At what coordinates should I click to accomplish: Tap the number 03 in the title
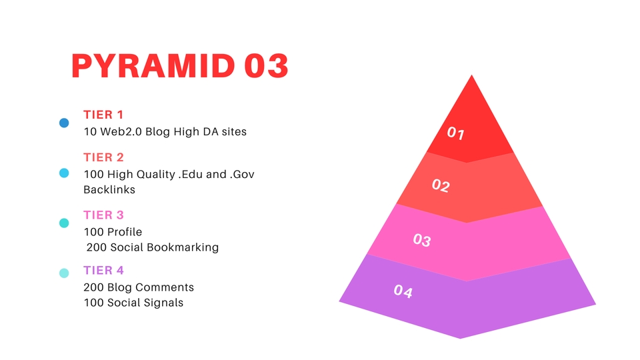266,67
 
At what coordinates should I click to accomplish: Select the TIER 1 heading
103,115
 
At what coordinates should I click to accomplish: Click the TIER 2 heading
103,157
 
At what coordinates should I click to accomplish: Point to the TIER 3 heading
103,215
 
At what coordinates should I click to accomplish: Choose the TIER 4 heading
103,270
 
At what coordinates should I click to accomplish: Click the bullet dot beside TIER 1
64,123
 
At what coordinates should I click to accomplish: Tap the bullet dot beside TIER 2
64,173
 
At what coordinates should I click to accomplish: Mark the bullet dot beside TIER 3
64,223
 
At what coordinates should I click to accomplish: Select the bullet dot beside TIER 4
64,273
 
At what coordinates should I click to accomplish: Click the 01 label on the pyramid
456,133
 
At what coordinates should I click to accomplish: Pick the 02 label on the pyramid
441,185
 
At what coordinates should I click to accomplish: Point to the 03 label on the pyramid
422,240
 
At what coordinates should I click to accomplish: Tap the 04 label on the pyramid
403,291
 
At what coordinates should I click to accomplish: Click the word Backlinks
109,189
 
